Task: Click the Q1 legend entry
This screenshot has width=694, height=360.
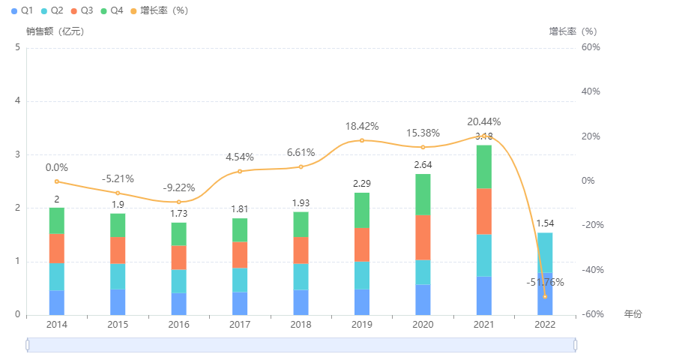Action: coord(22,10)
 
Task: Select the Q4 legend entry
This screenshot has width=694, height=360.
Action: coord(110,10)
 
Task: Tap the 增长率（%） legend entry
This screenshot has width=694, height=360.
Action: coord(158,10)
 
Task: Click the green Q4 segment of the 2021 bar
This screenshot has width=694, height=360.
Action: coord(484,166)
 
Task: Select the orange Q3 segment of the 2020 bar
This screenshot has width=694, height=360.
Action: coord(423,238)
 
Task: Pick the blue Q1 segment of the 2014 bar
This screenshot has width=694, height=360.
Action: coord(56,302)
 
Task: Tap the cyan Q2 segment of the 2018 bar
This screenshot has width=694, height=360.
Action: coord(301,276)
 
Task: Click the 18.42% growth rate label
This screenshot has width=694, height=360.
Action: coord(362,126)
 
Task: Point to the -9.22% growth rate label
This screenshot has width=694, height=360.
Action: coord(178,188)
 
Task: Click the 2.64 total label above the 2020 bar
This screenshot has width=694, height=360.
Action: coord(423,165)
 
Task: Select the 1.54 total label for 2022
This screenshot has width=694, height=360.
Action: coord(545,223)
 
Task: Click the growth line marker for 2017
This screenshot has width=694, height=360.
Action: coord(240,172)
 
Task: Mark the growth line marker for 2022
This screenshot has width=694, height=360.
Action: coord(545,296)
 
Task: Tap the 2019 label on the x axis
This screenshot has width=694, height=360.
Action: coord(362,325)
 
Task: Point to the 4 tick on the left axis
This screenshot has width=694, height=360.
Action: coord(17,101)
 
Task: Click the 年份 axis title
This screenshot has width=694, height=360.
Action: coord(633,313)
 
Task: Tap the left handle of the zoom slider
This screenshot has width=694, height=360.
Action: coord(27,344)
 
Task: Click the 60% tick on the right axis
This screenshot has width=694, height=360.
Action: coord(592,47)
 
